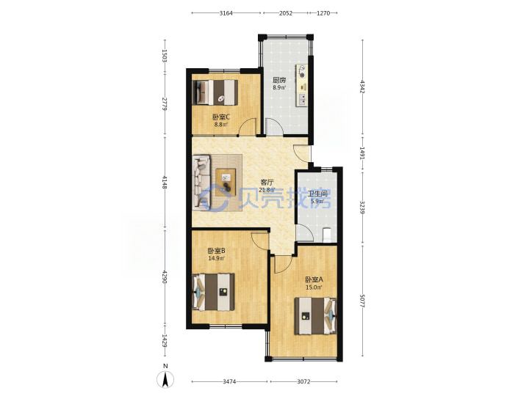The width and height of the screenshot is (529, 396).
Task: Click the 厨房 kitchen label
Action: point(279,80)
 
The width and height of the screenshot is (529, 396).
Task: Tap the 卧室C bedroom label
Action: point(221,117)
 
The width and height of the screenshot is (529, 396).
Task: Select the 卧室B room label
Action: point(216,251)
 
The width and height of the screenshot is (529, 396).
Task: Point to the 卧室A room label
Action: point(314,279)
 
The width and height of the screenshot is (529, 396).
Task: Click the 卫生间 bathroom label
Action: point(317,194)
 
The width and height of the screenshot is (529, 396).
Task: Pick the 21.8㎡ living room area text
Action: point(266,190)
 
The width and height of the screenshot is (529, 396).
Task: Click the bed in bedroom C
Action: point(215,92)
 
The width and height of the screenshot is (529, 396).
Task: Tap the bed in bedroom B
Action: point(213,292)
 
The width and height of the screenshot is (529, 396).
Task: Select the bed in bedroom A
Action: point(316,316)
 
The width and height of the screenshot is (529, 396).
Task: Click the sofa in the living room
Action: point(201,182)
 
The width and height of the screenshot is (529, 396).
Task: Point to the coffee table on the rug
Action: point(226,182)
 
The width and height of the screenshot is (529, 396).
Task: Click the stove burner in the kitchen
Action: point(302,75)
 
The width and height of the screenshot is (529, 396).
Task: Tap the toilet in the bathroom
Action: point(326,235)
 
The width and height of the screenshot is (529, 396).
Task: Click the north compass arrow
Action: point(165,380)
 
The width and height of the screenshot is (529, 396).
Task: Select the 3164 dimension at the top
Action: point(226,13)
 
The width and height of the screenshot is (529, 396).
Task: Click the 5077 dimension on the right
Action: point(362,301)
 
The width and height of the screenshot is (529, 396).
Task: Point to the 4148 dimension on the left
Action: point(165,182)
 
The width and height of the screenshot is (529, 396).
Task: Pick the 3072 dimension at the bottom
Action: point(303,381)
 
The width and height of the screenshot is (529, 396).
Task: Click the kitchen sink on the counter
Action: point(303,99)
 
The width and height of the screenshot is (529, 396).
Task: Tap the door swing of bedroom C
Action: point(247,127)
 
